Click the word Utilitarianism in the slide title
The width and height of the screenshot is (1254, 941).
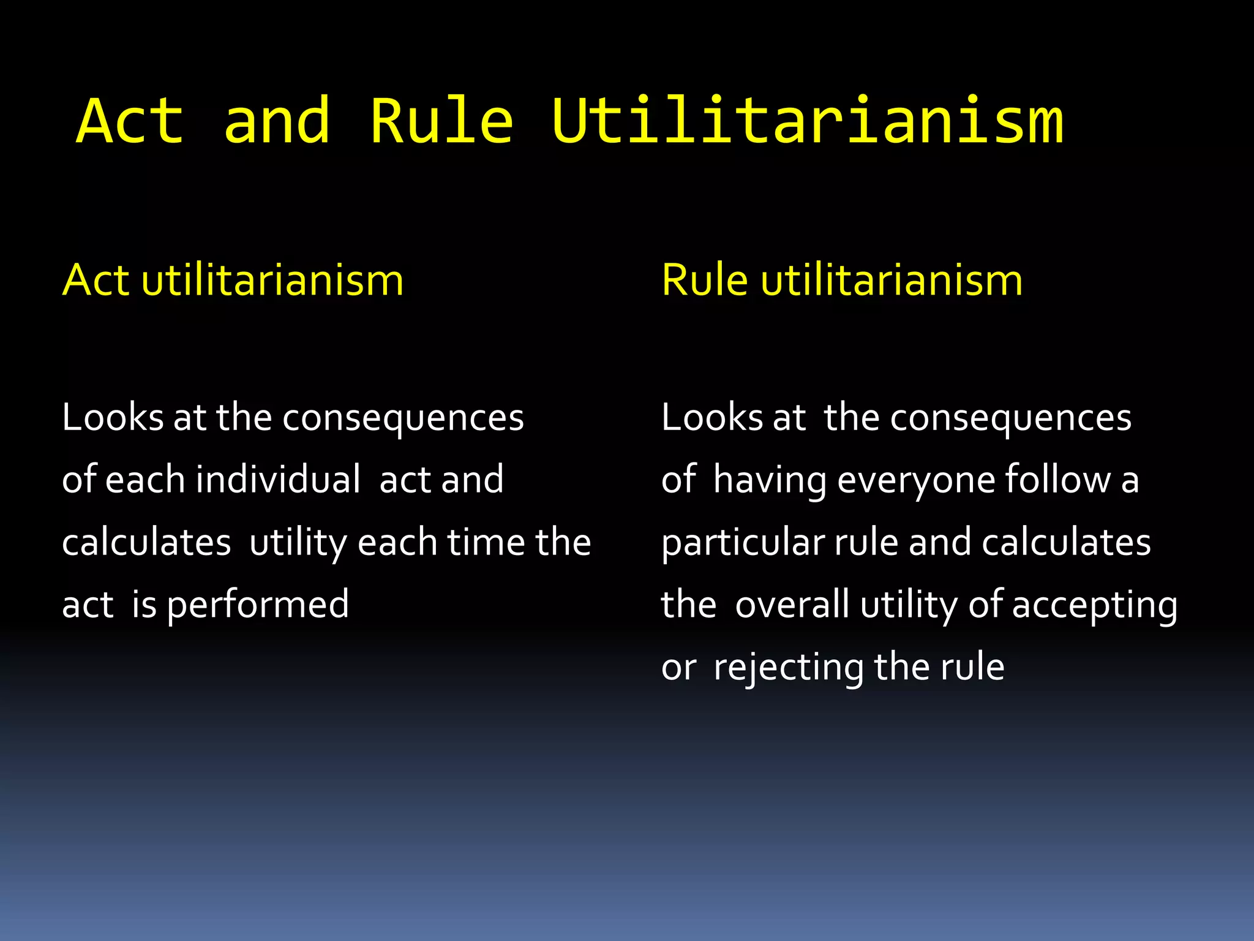807,121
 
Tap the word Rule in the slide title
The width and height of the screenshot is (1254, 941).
441,121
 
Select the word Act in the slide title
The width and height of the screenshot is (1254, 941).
130,121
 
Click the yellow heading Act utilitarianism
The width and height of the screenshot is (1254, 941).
233,281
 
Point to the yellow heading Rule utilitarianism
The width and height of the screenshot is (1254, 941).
842,281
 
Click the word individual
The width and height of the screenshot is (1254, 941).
278,479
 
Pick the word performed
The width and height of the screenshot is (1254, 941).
257,605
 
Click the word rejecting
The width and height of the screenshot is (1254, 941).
789,668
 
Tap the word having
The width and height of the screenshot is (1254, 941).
770,480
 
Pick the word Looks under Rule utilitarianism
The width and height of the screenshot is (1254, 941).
712,418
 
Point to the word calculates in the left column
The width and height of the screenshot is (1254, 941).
146,542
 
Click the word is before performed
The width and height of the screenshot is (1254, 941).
145,605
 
